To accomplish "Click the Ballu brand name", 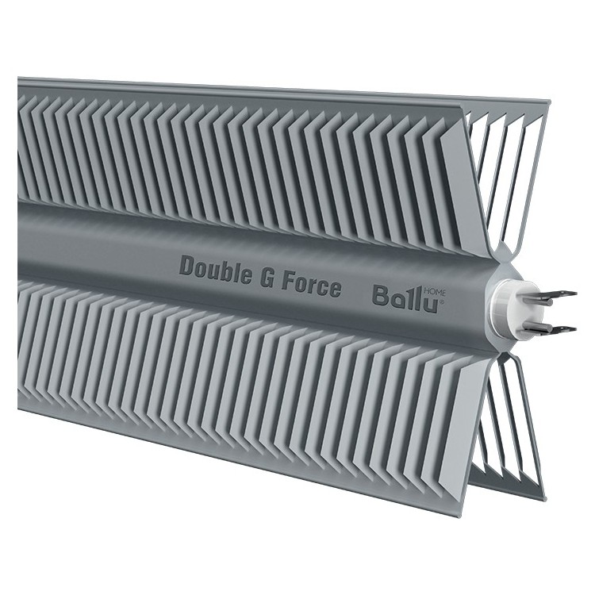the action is coord(405,300).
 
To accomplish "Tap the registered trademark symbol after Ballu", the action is coord(441,302).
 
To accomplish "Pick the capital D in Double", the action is coord(187,265).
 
